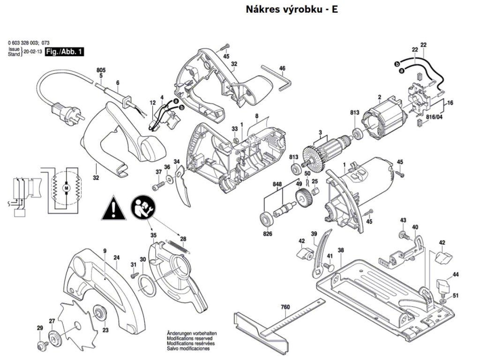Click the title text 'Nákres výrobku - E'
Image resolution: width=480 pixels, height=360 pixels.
[292, 9]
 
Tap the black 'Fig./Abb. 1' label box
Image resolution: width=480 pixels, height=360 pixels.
[64, 52]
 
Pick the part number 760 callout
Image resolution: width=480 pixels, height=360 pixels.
[285, 307]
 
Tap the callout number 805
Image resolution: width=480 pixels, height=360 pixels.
[101, 70]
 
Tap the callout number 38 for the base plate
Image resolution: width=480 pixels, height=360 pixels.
[341, 250]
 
